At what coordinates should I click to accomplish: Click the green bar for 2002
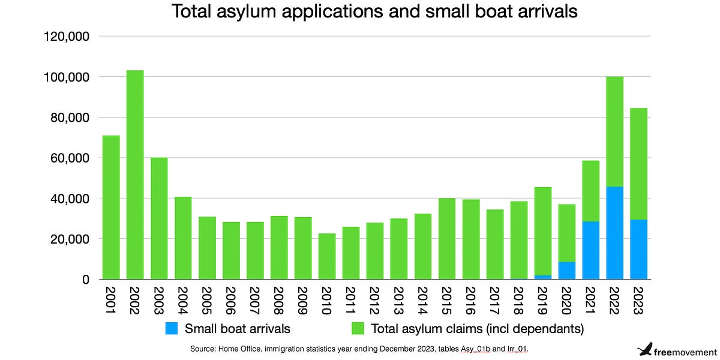tap(135, 174)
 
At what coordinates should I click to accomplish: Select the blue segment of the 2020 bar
tap(567, 271)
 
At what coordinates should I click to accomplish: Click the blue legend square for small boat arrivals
tap(171, 329)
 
